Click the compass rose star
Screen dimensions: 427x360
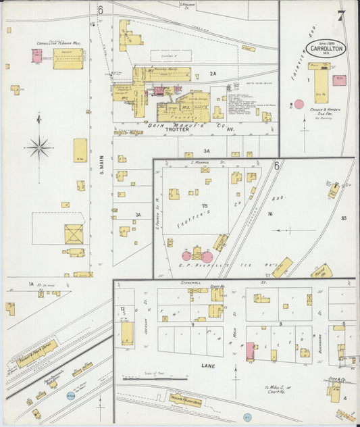click(x=40, y=145)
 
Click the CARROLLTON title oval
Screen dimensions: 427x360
click(x=326, y=49)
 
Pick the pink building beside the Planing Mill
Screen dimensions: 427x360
click(x=36, y=56)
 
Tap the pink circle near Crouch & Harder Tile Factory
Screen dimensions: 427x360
click(x=299, y=104)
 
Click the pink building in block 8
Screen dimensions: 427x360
click(x=250, y=351)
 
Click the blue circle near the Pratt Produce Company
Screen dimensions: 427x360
click(x=70, y=396)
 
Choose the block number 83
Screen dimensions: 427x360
click(x=343, y=218)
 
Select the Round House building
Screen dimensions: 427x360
click(x=321, y=272)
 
